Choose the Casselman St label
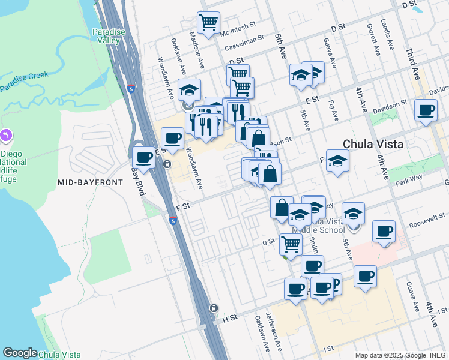click(244, 43)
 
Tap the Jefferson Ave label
click(276, 331)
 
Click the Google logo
click(20, 353)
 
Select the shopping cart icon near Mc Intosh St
click(208, 22)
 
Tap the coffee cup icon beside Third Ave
click(426, 110)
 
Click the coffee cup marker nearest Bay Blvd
click(143, 157)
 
